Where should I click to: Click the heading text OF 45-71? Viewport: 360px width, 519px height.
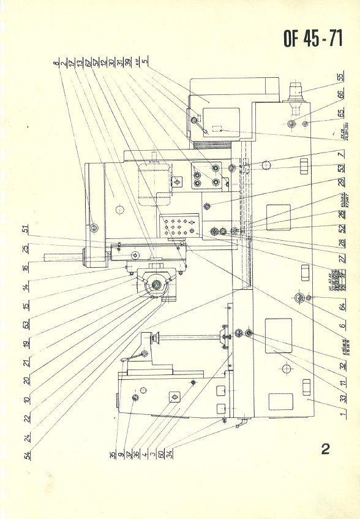[312, 39]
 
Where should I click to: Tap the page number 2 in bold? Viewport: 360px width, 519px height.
[325, 449]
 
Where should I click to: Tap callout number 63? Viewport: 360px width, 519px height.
[26, 322]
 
